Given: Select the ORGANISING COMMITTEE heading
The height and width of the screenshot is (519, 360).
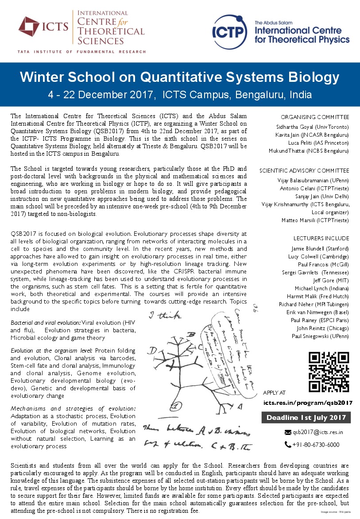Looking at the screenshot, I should (315, 117).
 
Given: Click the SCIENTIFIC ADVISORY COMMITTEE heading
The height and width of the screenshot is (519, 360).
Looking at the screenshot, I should (304, 170).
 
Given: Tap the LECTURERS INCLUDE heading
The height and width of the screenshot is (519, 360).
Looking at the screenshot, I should (321, 238).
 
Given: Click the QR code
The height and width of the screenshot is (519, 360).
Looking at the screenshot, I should (329, 372).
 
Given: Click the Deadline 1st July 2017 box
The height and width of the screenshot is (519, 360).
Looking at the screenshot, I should (306, 417).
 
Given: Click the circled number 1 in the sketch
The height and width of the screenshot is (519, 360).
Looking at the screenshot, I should (176, 405).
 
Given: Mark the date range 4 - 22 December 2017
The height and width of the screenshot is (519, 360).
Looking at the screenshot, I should (102, 95).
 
